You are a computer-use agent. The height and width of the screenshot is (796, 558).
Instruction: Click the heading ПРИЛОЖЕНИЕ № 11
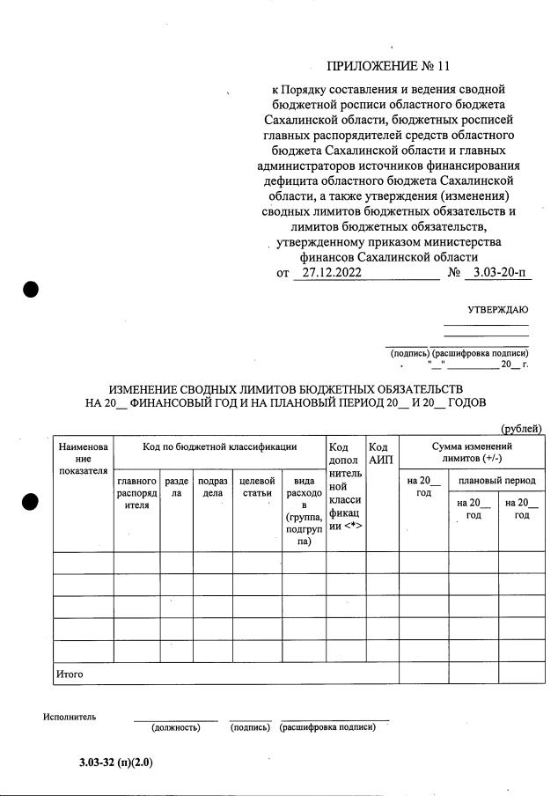[x=387, y=66]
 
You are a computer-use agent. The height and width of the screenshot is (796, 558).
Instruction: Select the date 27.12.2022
[x=327, y=273]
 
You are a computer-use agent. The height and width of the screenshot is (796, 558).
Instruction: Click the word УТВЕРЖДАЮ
[x=498, y=309]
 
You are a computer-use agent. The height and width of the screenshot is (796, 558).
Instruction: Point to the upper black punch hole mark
[x=31, y=290]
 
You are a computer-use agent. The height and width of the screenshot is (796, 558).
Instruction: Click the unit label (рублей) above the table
[x=521, y=429]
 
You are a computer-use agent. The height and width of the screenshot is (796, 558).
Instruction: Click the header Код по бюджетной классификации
[x=219, y=447]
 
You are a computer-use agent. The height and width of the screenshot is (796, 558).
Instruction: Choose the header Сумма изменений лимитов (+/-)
[x=471, y=453]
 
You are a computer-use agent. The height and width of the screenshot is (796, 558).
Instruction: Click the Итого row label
[x=71, y=674]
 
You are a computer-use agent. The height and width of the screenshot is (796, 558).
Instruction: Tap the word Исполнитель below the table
[x=70, y=716]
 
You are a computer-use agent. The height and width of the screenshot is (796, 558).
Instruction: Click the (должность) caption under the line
[x=176, y=727]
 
